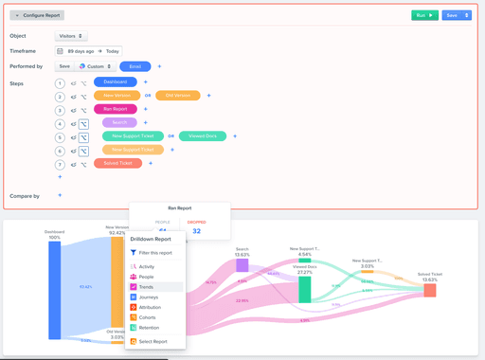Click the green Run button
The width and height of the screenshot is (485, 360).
[424, 15]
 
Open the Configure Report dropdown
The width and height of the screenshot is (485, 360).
[37, 15]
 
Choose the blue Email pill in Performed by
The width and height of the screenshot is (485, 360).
[135, 66]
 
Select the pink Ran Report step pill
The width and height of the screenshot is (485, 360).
[115, 110]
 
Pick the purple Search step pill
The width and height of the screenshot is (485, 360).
[119, 123]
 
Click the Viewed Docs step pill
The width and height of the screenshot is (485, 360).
[202, 136]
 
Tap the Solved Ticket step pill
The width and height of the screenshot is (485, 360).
[117, 164]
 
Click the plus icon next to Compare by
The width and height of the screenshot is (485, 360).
[60, 195]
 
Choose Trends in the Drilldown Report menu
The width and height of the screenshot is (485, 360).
[147, 287]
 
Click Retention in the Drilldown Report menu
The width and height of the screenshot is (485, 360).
[150, 327]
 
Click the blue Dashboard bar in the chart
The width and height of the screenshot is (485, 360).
[55, 289]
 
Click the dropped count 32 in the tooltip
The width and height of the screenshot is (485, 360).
[196, 231]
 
